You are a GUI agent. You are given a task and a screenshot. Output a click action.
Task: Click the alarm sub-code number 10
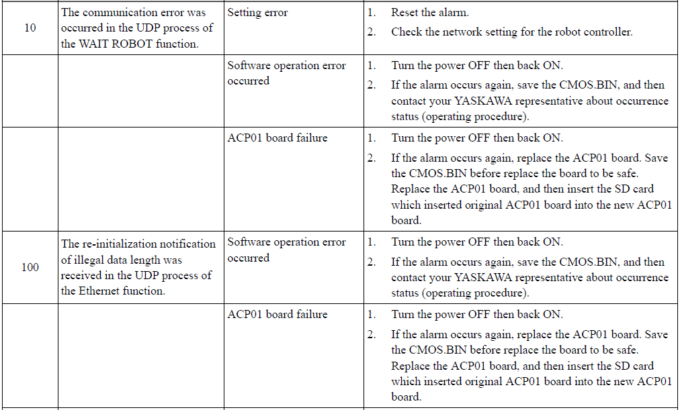coord(30,28)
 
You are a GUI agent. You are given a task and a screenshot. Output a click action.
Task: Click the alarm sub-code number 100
coord(30,267)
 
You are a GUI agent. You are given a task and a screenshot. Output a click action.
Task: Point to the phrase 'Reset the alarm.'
coord(430,12)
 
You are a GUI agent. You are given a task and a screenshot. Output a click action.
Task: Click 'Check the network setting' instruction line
coord(512,32)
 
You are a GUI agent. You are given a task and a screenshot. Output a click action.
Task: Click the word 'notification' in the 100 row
coord(187,244)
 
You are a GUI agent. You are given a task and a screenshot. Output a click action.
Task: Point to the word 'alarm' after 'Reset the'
coord(455,12)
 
